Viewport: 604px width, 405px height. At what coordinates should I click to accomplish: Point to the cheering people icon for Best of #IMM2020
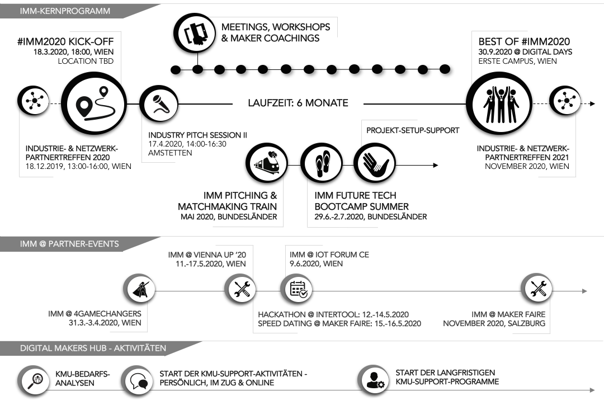pyautogui.click(x=497, y=103)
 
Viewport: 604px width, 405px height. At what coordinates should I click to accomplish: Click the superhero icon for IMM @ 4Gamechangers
pyautogui.click(x=139, y=289)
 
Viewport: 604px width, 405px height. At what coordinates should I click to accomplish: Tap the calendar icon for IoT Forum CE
pyautogui.click(x=297, y=289)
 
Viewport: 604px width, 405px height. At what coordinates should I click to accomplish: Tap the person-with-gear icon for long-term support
pyautogui.click(x=372, y=381)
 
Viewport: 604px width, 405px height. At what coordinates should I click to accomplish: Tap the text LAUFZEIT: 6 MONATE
pyautogui.click(x=298, y=103)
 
